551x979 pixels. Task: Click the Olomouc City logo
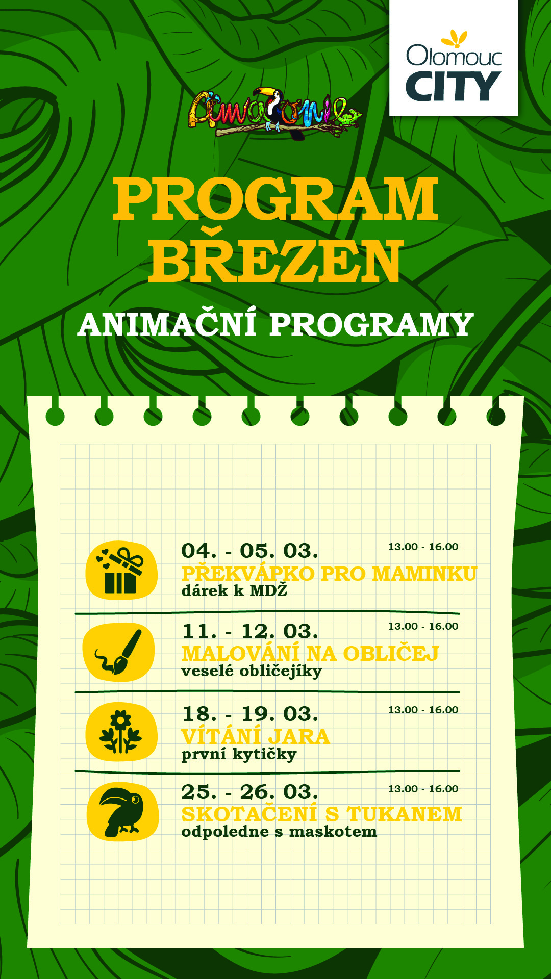[x=454, y=58]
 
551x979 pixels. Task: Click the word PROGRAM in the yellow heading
[x=275, y=199]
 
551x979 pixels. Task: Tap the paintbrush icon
[x=119, y=652]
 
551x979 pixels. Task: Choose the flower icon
[x=121, y=732]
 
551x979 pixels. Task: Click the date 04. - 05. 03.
[x=250, y=551]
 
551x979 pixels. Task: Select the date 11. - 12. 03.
[x=250, y=631]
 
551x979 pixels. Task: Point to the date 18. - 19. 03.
[x=250, y=714]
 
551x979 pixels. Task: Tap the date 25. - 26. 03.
[x=250, y=792]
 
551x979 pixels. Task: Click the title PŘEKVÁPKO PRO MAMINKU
[x=329, y=573]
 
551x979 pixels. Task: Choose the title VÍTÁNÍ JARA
[x=256, y=736]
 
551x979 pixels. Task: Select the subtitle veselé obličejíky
[x=252, y=671]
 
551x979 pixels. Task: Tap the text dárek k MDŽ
[x=235, y=590]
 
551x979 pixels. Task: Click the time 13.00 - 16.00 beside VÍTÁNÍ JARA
[x=423, y=710]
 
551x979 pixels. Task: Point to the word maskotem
[x=333, y=832]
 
